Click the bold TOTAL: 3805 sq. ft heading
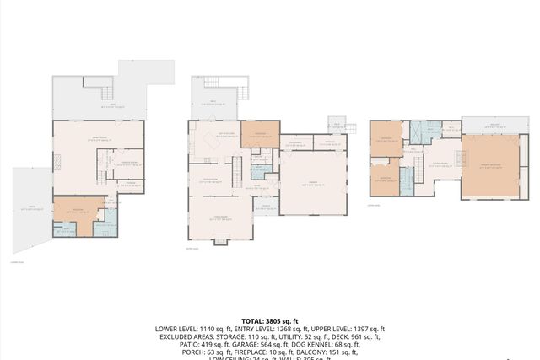click(x=269, y=321)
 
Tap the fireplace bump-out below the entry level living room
click(x=221, y=241)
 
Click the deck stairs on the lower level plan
click(x=106, y=91)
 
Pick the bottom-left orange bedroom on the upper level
click(x=385, y=179)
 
